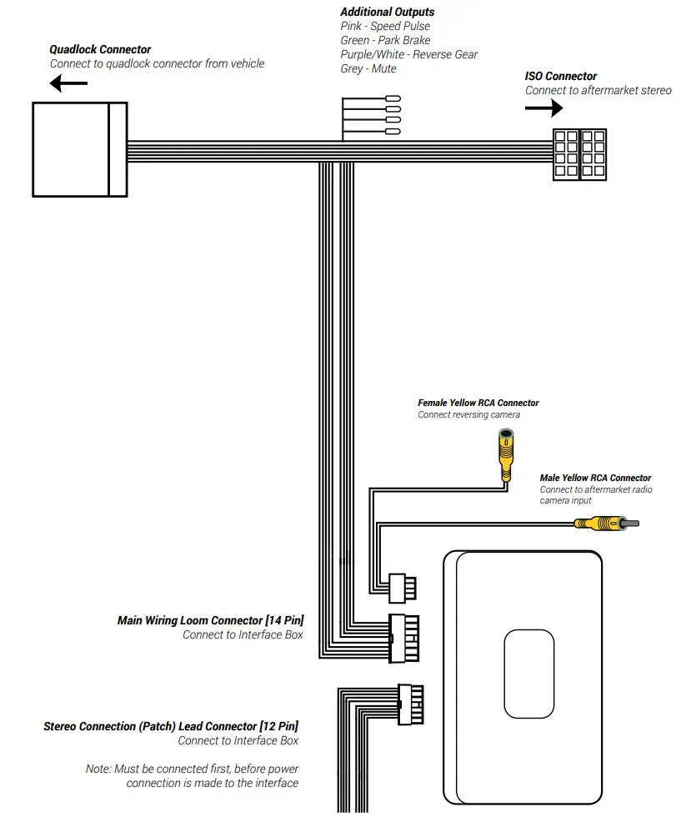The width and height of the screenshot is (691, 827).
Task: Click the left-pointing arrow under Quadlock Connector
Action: pyautogui.click(x=68, y=83)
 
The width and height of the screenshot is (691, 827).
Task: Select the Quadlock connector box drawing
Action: pyautogui.click(x=79, y=149)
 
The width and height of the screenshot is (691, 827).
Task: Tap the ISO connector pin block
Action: pyautogui.click(x=580, y=154)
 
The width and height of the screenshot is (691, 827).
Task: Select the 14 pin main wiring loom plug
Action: pyautogui.click(x=403, y=639)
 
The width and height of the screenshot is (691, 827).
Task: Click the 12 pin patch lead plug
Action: pyautogui.click(x=410, y=707)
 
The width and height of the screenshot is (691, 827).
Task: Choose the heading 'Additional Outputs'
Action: pyautogui.click(x=387, y=12)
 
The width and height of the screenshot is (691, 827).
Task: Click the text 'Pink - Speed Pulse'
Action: pyautogui.click(x=385, y=26)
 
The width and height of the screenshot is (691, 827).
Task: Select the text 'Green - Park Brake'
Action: pyautogui.click(x=385, y=40)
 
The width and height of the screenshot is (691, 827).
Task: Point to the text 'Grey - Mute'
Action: pyautogui.click(x=368, y=68)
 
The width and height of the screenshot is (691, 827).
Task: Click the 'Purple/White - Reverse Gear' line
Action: pyautogui.click(x=409, y=54)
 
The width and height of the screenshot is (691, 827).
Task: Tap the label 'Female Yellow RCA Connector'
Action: pyautogui.click(x=478, y=403)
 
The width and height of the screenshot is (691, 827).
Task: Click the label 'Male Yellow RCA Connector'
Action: pyautogui.click(x=595, y=479)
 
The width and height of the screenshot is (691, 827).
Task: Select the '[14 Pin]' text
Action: pyautogui.click(x=284, y=620)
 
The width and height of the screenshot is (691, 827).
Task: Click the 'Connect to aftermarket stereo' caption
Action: pyautogui.click(x=598, y=90)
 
